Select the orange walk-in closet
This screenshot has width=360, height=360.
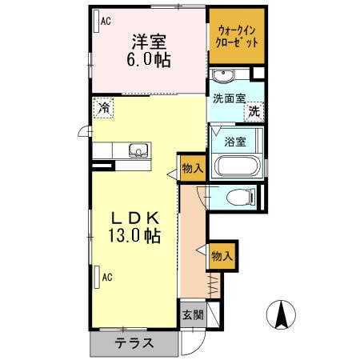237,37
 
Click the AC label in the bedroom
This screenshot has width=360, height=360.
105,22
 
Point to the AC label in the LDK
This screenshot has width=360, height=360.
105,278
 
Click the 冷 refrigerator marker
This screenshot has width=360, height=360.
103,106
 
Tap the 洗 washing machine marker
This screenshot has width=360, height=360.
254,113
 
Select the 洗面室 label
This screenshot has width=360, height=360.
229,100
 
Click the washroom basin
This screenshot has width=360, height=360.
224,77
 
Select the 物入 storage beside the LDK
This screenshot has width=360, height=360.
192,168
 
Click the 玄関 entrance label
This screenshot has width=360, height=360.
192,314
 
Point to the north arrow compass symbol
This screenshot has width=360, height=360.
282,315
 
